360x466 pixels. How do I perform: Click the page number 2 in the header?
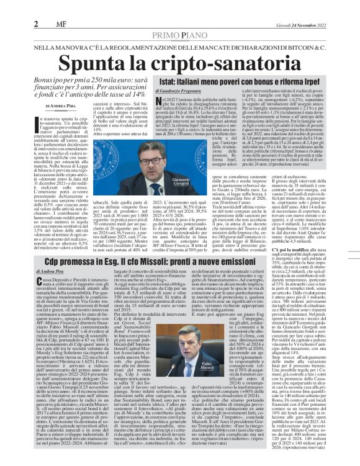[9, 8]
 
